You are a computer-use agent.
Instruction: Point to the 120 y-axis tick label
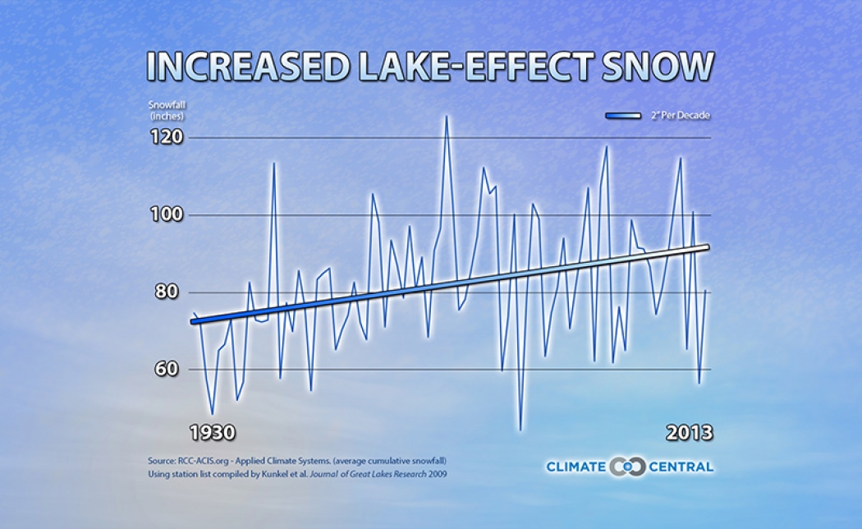pyautogui.click(x=165, y=138)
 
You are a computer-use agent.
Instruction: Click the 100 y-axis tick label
pyautogui.click(x=165, y=215)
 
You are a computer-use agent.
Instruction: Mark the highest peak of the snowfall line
pyautogui.click(x=446, y=115)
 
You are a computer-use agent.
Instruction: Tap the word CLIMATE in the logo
pyautogui.click(x=576, y=467)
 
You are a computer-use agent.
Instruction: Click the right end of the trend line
pyautogui.click(x=708, y=246)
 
